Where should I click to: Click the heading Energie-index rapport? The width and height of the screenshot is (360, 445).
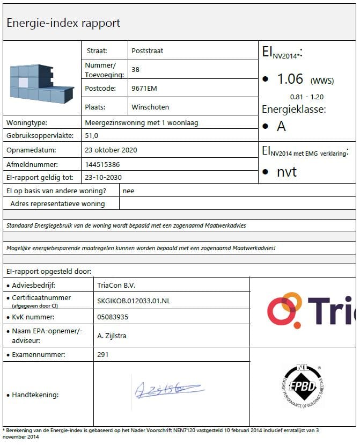click(x=63, y=23)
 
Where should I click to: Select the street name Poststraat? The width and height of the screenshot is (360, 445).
click(x=147, y=51)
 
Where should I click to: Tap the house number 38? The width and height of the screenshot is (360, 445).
click(x=135, y=70)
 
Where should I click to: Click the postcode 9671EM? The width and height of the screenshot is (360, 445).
click(x=144, y=89)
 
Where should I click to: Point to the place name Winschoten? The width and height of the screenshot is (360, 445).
click(x=150, y=107)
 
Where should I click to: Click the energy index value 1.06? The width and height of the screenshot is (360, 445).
click(x=290, y=79)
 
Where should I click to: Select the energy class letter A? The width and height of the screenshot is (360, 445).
click(x=281, y=127)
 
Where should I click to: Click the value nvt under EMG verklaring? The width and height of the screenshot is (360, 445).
click(x=286, y=172)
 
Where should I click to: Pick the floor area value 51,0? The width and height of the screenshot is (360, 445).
click(x=92, y=136)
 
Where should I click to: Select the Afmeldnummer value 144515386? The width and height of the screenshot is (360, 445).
click(x=102, y=164)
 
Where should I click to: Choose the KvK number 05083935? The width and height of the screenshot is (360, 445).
click(x=113, y=317)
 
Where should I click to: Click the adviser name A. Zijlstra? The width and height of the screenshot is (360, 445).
click(x=112, y=335)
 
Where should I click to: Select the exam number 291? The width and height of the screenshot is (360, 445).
click(x=103, y=354)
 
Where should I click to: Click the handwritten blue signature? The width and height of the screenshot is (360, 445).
click(x=167, y=388)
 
